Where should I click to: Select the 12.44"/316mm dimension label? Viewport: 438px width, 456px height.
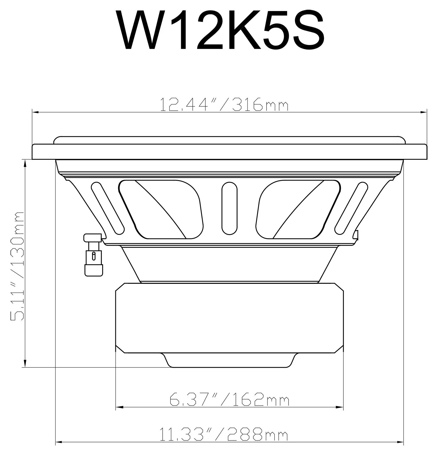(224, 105)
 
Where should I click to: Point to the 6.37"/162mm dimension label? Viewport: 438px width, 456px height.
(229, 400)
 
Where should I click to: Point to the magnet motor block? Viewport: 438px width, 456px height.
(229, 318)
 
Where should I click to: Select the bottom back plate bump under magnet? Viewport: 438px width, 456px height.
(229, 360)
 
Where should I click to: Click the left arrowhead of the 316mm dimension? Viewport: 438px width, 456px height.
(35, 112)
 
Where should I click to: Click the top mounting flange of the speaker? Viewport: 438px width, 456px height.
(229, 152)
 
